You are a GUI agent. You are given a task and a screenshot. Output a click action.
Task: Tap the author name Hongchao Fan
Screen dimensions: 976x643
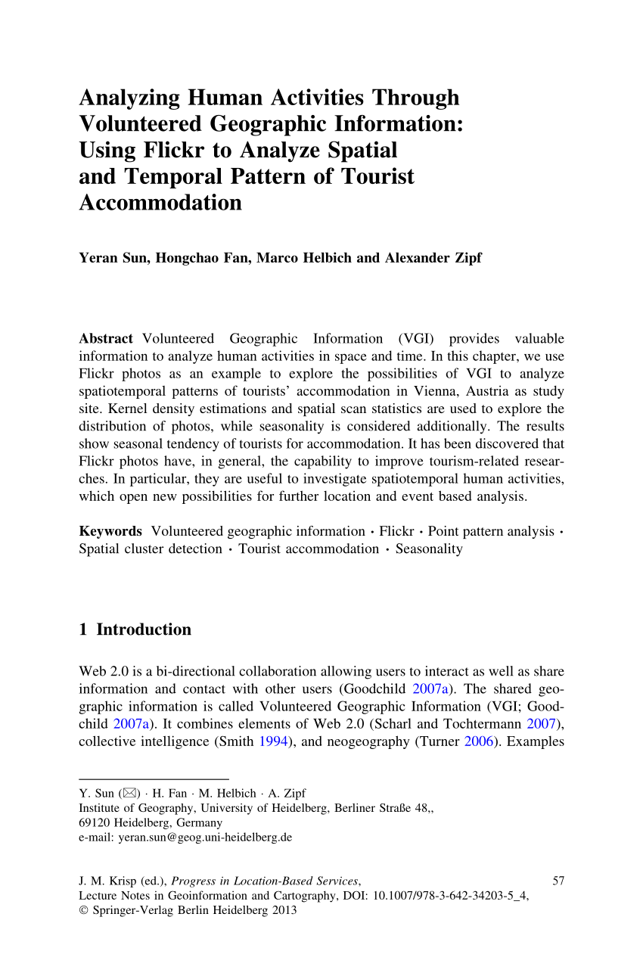[203, 258]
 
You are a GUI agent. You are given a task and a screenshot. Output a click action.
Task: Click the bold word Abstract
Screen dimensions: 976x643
[106, 338]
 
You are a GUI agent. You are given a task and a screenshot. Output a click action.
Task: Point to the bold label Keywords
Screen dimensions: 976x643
[110, 531]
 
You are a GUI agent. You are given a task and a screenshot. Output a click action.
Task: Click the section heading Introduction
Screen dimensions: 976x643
[144, 629]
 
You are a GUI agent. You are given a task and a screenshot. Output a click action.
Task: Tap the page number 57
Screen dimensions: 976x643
[559, 881]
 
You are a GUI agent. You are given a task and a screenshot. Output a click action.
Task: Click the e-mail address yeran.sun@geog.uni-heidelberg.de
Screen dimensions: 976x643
[204, 838]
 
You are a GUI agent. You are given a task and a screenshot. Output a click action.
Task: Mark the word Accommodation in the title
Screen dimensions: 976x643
[160, 203]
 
